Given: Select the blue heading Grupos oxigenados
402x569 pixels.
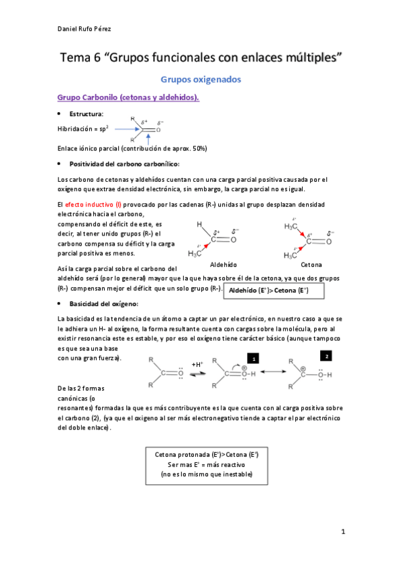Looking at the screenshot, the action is (x=201, y=79).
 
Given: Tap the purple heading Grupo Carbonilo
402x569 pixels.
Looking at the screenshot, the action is (x=129, y=98).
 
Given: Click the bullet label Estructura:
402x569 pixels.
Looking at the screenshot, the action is (x=87, y=114).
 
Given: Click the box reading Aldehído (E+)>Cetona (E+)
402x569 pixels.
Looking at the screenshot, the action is (x=272, y=290).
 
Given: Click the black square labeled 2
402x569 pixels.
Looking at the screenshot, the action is (x=327, y=355).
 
